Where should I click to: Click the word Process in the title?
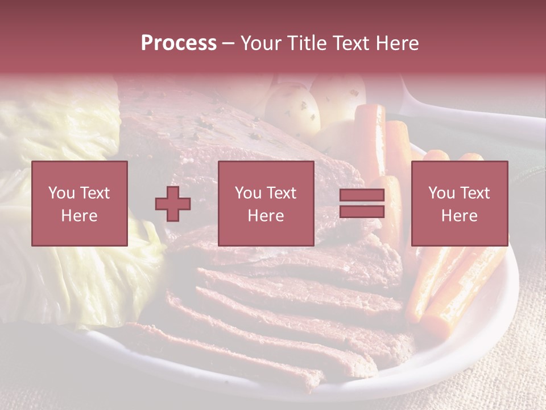point(179,43)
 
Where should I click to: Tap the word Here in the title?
point(397,43)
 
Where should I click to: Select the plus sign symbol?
point(173,204)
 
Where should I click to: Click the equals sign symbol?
point(362,204)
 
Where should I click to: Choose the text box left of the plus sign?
point(80,204)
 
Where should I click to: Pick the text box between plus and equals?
point(266,204)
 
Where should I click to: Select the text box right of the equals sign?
point(460,204)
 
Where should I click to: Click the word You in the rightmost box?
point(441,193)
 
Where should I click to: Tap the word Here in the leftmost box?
point(80,216)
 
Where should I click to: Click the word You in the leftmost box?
point(61,193)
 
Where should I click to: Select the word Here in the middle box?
point(266,216)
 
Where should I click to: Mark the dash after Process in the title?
point(228,44)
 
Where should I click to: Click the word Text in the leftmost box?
point(95,193)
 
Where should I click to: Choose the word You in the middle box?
point(248,193)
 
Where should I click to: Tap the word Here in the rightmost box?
point(460,216)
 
